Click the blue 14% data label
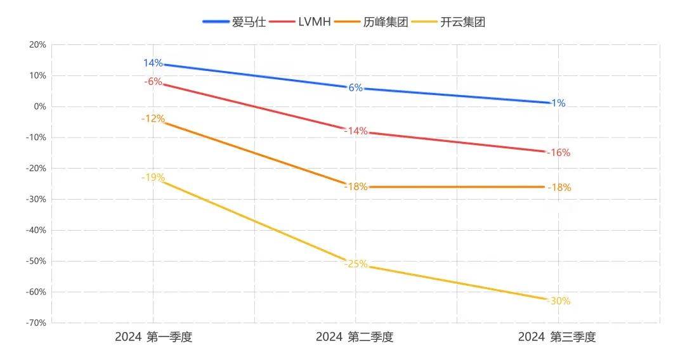click(x=153, y=63)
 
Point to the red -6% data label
click(x=153, y=82)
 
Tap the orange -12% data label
click(x=153, y=119)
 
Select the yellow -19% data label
click(x=153, y=177)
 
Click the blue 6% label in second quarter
click(x=355, y=88)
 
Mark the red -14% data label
click(x=355, y=131)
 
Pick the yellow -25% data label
click(x=355, y=264)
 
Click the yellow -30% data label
click(x=558, y=301)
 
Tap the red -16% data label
click(x=558, y=153)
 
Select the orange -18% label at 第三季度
click(x=558, y=188)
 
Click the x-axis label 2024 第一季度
click(x=153, y=337)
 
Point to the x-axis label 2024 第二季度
click(x=355, y=337)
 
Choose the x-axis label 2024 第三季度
click(x=557, y=337)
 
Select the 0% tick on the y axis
click(x=39, y=106)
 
